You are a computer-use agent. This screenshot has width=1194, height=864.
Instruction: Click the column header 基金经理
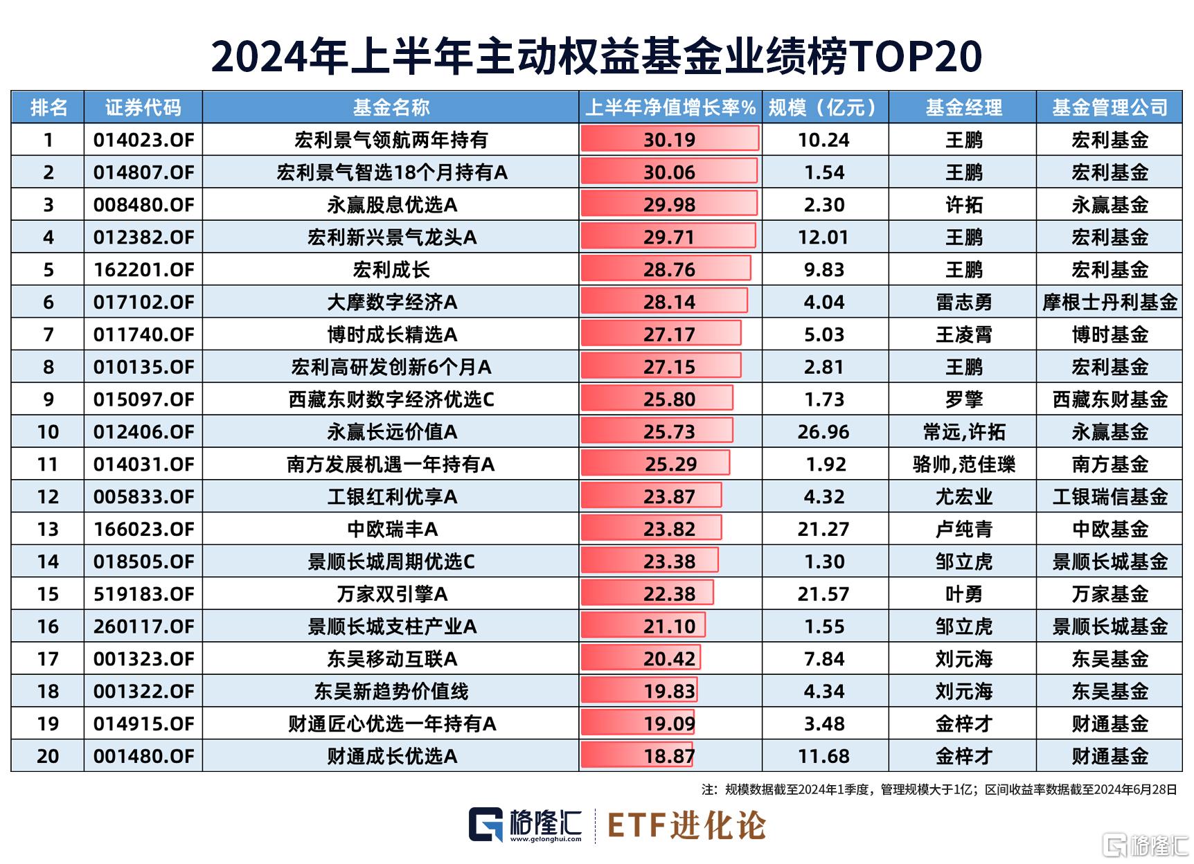click(963, 107)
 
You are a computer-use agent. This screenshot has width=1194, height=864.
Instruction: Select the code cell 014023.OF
click(143, 140)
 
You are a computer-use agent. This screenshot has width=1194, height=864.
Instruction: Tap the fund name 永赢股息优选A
click(392, 205)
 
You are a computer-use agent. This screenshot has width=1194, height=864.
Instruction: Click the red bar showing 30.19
click(669, 139)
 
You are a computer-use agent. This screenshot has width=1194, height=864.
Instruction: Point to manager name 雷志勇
click(963, 303)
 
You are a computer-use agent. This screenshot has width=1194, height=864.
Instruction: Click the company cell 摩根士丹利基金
click(1110, 303)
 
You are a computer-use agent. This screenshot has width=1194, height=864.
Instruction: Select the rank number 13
click(48, 530)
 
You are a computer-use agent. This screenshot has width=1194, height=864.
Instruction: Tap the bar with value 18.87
click(637, 756)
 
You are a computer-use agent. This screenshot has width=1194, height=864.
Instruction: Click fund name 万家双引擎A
click(392, 594)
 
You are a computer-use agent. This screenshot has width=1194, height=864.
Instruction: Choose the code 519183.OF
click(143, 594)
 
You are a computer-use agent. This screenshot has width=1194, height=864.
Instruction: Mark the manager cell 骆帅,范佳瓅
click(963, 465)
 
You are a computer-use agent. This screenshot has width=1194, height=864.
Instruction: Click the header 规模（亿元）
click(824, 107)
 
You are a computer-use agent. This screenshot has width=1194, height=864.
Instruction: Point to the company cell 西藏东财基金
click(1110, 399)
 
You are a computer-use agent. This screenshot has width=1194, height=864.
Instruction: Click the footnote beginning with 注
click(939, 789)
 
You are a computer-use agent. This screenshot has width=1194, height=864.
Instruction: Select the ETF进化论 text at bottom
click(686, 825)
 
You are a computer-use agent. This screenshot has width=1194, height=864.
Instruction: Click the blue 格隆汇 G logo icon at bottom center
click(485, 825)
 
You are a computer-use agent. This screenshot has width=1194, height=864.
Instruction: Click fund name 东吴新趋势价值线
click(392, 691)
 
